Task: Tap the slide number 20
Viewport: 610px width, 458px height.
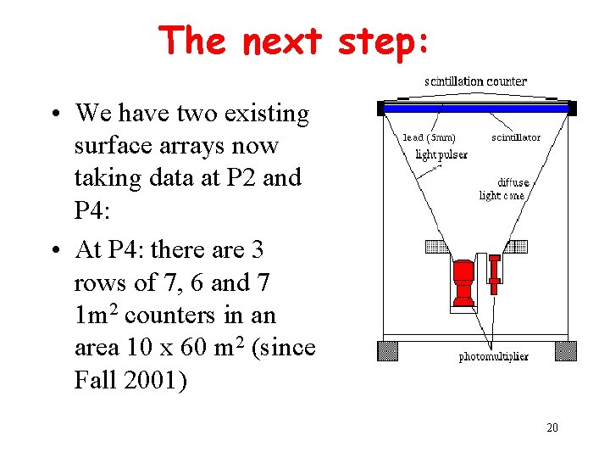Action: [552, 427]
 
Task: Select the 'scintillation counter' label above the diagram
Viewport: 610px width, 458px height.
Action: [475, 81]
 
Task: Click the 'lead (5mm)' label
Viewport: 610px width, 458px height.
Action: [429, 137]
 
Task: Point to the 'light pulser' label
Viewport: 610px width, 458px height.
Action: [440, 154]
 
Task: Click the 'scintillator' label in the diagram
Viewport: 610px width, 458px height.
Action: [516, 137]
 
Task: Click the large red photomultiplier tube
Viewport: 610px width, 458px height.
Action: [463, 284]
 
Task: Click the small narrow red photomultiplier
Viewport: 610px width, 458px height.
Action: [495, 275]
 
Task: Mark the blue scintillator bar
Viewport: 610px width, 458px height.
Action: [476, 109]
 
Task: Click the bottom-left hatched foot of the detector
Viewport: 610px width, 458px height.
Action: [387, 350]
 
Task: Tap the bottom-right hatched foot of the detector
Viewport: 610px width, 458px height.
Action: [565, 350]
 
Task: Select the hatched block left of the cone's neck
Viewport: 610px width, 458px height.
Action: [437, 247]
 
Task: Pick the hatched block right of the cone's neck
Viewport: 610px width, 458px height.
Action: [514, 247]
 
